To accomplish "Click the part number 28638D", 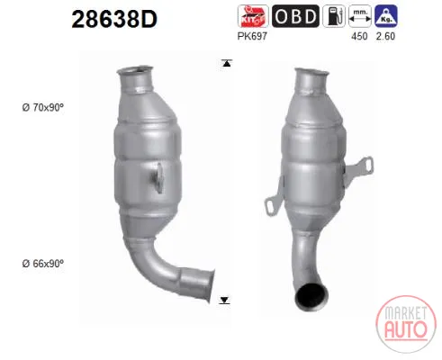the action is [114, 19].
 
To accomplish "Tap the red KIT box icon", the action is [253, 16].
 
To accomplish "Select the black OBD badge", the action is [295, 16].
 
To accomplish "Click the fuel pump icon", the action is [334, 16].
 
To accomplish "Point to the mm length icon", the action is [360, 16].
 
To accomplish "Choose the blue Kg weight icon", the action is [386, 16].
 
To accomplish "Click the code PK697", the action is [252, 36].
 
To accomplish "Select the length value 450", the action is [359, 36].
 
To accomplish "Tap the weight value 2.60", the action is [385, 36].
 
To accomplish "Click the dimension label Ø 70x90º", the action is [43, 107].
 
